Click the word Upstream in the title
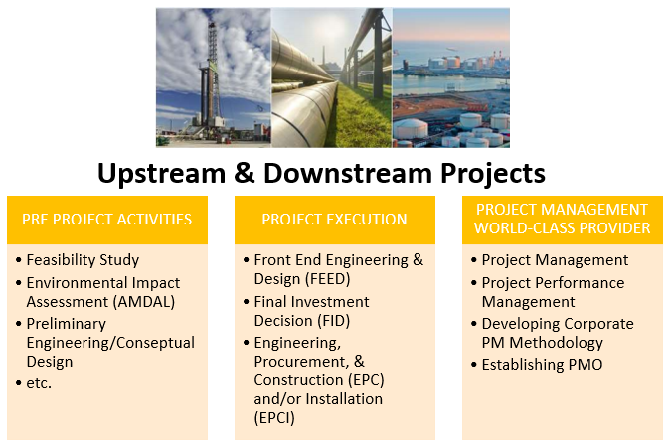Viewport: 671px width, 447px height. click(x=161, y=174)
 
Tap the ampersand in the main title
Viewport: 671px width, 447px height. click(x=245, y=173)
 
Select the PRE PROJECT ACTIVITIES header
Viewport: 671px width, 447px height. click(x=107, y=220)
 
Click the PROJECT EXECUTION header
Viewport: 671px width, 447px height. click(x=334, y=220)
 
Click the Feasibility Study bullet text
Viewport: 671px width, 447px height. click(x=83, y=260)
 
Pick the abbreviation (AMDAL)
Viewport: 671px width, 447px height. click(x=144, y=302)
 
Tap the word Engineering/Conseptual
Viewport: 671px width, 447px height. click(x=110, y=343)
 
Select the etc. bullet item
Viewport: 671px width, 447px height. click(x=39, y=383)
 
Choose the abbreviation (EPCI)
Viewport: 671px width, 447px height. click(x=274, y=418)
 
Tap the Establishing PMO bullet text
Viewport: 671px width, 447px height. click(x=542, y=365)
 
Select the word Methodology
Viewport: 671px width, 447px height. click(x=556, y=343)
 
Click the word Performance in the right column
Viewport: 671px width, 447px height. click(x=582, y=283)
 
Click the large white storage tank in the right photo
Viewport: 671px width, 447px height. click(x=411, y=129)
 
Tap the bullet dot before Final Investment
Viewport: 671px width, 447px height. click(x=247, y=302)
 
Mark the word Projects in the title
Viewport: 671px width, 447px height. click(x=493, y=174)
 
